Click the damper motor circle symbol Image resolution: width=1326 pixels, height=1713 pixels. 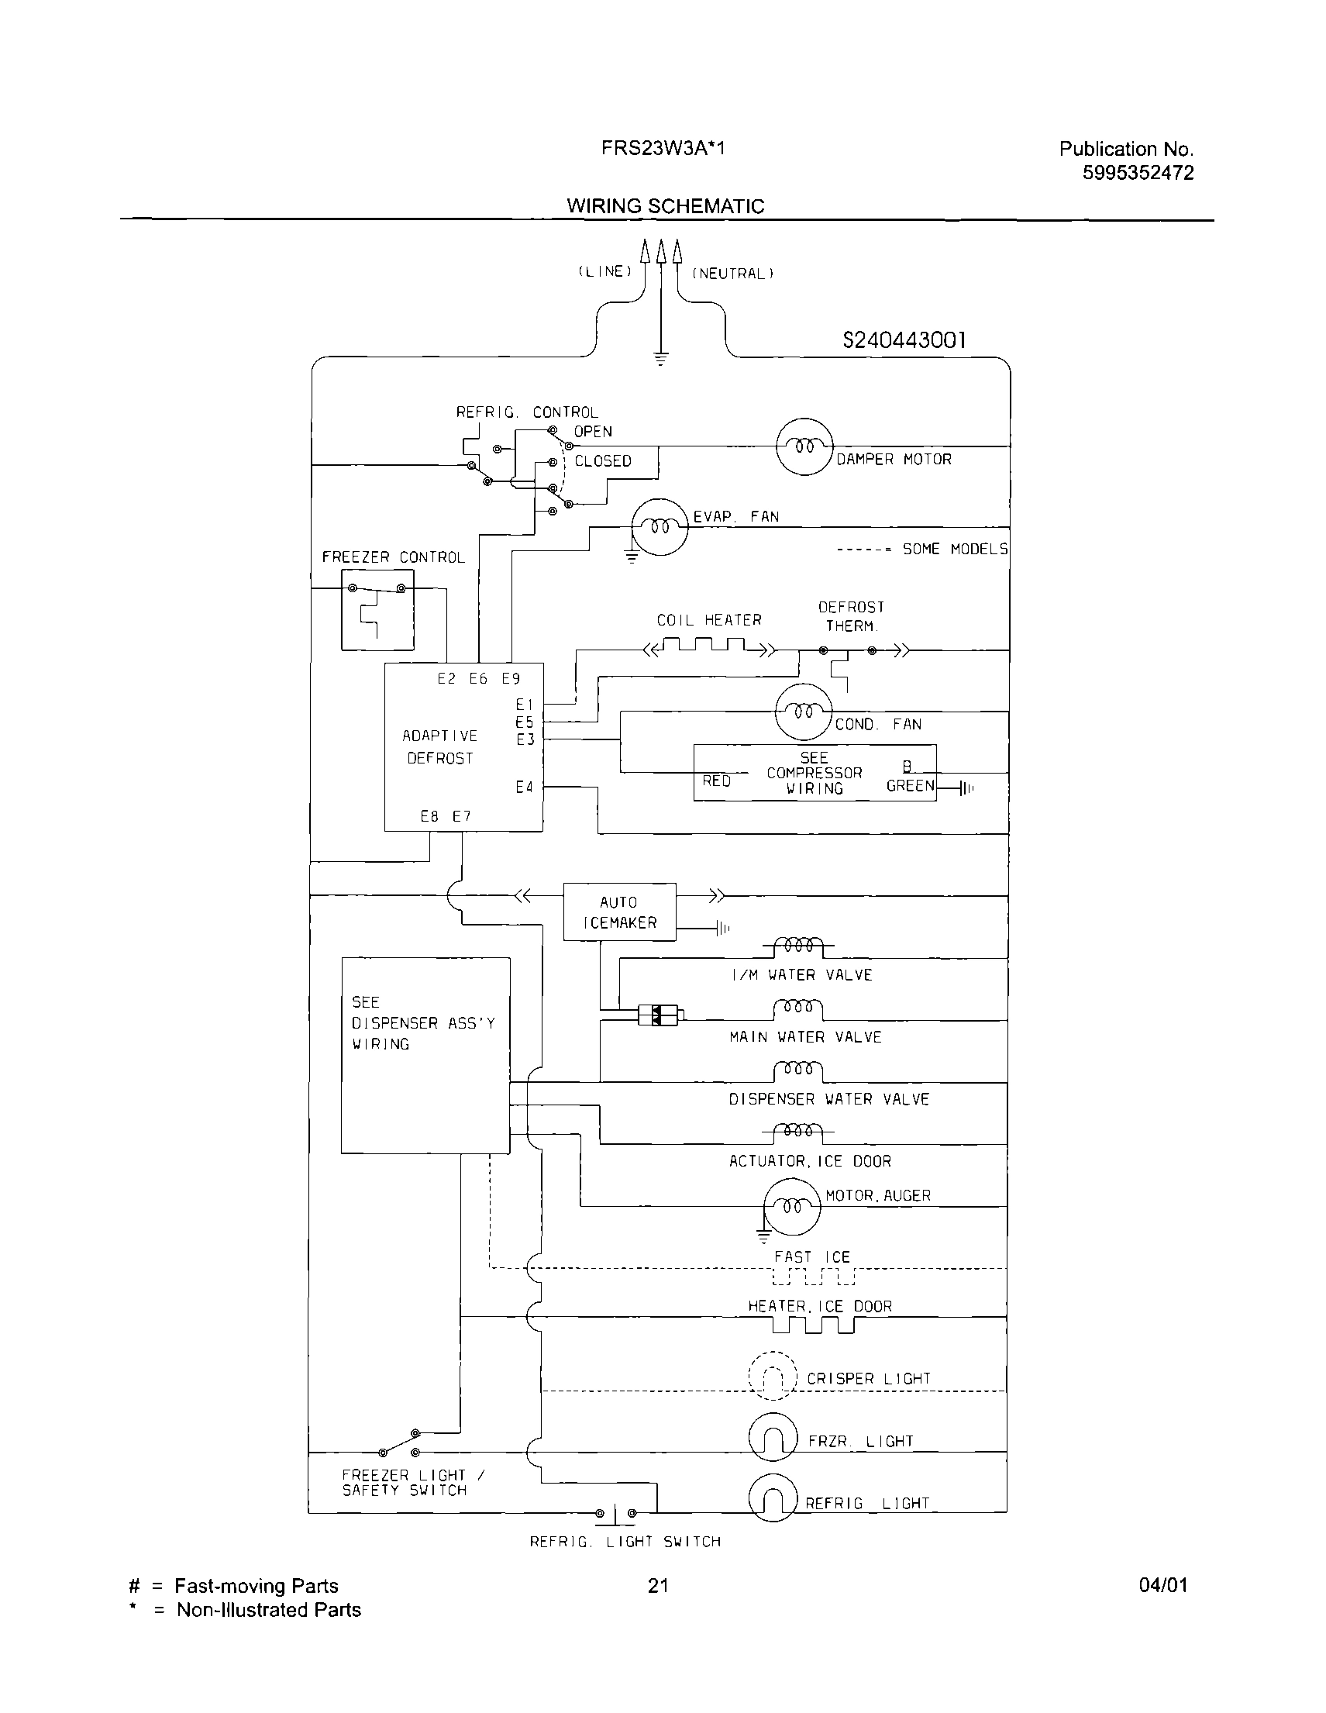[x=804, y=446]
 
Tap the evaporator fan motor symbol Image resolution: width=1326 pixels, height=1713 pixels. [x=660, y=527]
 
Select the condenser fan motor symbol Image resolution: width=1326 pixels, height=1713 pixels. [x=802, y=712]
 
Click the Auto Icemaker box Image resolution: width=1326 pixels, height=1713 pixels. [x=619, y=912]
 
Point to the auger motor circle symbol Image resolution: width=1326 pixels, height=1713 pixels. [x=792, y=1207]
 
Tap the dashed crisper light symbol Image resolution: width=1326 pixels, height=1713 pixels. [x=773, y=1377]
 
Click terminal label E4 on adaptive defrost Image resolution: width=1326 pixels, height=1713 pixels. [x=525, y=787]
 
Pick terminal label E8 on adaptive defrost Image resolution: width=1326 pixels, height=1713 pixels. [x=429, y=816]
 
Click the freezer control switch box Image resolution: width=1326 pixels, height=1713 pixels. [x=377, y=609]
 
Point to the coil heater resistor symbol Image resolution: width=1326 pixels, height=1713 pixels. [x=708, y=648]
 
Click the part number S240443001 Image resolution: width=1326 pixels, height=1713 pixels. [x=904, y=340]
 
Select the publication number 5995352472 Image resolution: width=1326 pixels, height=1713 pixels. [x=1138, y=173]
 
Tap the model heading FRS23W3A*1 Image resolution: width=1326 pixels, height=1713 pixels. [x=663, y=148]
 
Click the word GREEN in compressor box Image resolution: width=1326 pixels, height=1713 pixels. [x=910, y=786]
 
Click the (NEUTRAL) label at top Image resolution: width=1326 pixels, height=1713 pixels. [x=732, y=274]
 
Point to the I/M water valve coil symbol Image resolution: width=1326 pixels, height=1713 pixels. [x=797, y=946]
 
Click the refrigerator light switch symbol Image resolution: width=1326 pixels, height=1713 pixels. [x=616, y=1513]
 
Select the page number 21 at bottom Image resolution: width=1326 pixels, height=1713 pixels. [x=658, y=1586]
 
